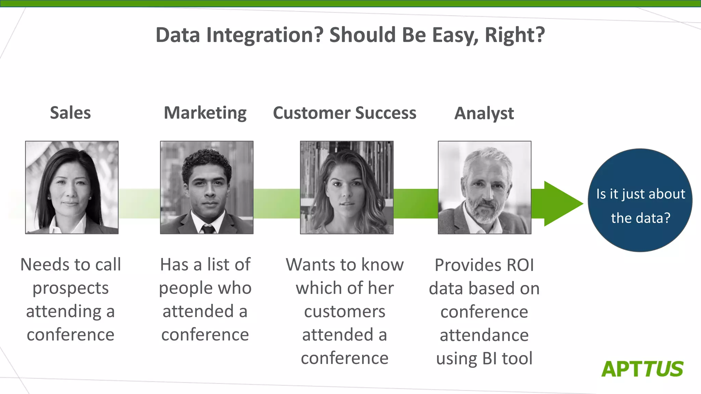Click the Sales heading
(x=70, y=113)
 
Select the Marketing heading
(x=205, y=113)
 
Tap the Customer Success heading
(x=344, y=113)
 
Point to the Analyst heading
(x=484, y=113)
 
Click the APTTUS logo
(x=642, y=369)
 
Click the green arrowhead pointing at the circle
(x=561, y=203)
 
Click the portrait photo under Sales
(x=72, y=187)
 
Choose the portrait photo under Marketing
(x=207, y=187)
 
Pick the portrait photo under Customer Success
(x=347, y=187)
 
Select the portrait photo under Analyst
(x=485, y=187)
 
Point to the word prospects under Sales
(x=71, y=288)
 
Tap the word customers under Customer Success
(x=345, y=312)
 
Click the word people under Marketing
(x=186, y=288)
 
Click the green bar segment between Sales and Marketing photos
(x=139, y=203)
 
